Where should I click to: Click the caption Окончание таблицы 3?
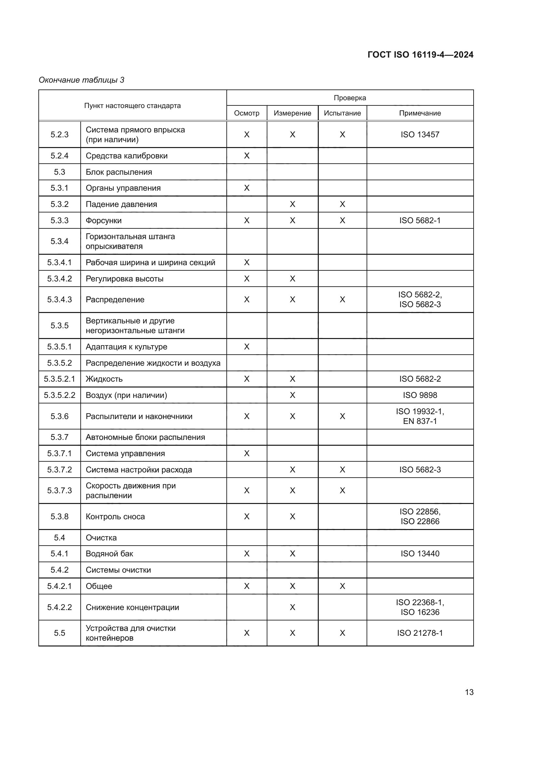[82, 80]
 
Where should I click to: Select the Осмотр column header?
[247, 113]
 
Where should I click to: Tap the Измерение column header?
[292, 113]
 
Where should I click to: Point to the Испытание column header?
[342, 113]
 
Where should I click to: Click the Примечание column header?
[420, 113]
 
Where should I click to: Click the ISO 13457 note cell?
[420, 135]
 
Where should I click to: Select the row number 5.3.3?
[60, 220]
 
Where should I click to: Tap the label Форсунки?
[104, 220]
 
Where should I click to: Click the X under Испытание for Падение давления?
[342, 204]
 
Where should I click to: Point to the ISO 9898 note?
[420, 395]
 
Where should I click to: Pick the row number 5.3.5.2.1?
[60, 379]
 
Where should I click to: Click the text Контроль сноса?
[115, 516]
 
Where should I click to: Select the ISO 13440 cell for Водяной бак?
[420, 553]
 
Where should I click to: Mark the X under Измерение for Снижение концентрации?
[292, 607]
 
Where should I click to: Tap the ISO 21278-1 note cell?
[420, 633]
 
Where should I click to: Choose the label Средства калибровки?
[127, 156]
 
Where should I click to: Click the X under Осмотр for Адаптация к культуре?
[247, 347]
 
